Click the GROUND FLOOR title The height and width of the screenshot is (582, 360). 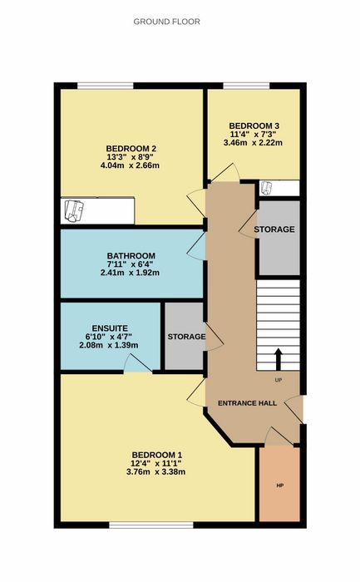pyautogui.click(x=166, y=22)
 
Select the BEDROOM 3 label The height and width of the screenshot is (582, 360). pyautogui.click(x=254, y=126)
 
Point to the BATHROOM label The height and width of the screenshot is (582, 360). pyautogui.click(x=131, y=256)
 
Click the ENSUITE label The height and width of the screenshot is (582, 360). pyautogui.click(x=110, y=328)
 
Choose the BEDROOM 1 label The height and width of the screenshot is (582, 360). pyautogui.click(x=157, y=455)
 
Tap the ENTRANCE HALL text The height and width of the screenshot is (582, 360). pyautogui.click(x=247, y=403)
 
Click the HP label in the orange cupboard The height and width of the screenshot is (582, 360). pyautogui.click(x=280, y=485)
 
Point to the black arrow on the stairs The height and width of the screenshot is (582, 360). pyautogui.click(x=278, y=359)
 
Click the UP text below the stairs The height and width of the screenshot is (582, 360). pyautogui.click(x=278, y=380)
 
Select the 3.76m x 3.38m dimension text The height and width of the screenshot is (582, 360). pyautogui.click(x=155, y=472)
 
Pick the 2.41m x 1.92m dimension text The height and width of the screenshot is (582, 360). pyautogui.click(x=130, y=273)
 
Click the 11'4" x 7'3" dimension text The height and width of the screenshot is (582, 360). pyautogui.click(x=254, y=135)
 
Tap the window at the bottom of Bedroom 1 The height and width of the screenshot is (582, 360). pyautogui.click(x=151, y=525)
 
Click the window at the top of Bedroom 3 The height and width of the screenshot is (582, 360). pyautogui.click(x=246, y=86)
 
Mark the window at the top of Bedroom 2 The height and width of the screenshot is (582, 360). pyautogui.click(x=106, y=86)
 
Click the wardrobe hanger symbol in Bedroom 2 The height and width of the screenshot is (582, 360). pyautogui.click(x=74, y=210)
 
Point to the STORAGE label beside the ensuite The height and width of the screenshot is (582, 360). pyautogui.click(x=186, y=337)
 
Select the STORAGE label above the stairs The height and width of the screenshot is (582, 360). pyautogui.click(x=274, y=229)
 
